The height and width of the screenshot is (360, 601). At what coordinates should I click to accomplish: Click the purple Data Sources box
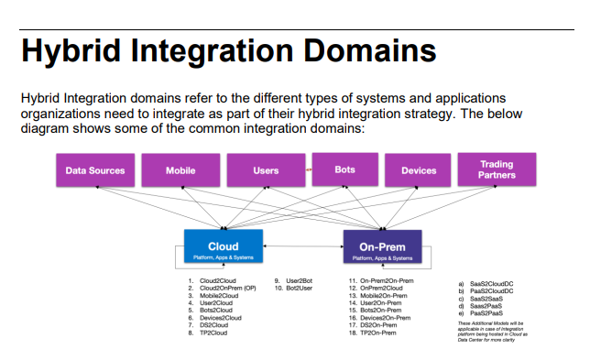click(95, 170)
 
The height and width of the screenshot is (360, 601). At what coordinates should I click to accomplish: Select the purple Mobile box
click(180, 170)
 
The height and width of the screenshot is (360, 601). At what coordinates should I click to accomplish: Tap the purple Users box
click(266, 170)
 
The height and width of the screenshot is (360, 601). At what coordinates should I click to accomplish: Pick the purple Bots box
click(344, 169)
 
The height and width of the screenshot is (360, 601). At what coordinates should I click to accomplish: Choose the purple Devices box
click(419, 170)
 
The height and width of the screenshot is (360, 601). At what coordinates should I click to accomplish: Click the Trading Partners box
click(497, 169)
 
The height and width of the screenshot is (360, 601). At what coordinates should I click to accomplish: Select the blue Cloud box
click(223, 249)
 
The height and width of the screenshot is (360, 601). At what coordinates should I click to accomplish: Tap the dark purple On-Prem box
click(382, 250)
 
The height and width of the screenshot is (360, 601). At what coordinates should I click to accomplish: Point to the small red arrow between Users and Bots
click(309, 169)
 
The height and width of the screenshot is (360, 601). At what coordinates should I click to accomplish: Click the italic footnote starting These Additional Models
click(496, 331)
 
